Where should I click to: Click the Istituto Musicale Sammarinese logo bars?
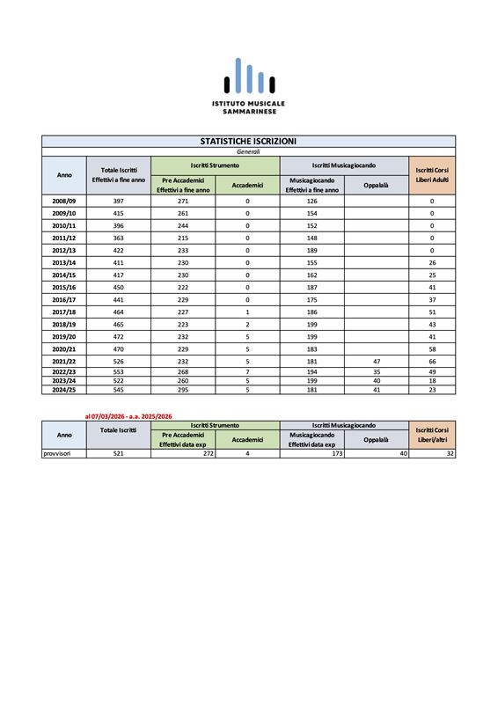point(248,77)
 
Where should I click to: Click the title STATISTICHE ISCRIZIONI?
point(248,141)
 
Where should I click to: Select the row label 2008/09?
point(64,201)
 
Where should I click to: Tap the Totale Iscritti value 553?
point(119,371)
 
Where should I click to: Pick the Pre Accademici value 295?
point(182,389)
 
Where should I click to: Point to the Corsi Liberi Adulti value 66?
point(432,361)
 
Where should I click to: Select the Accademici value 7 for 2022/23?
point(247,371)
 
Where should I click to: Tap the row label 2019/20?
point(64,336)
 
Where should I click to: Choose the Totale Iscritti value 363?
point(119,238)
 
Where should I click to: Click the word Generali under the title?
point(248,151)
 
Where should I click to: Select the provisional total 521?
point(119,453)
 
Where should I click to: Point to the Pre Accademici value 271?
point(182,201)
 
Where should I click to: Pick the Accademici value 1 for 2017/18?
point(247,312)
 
